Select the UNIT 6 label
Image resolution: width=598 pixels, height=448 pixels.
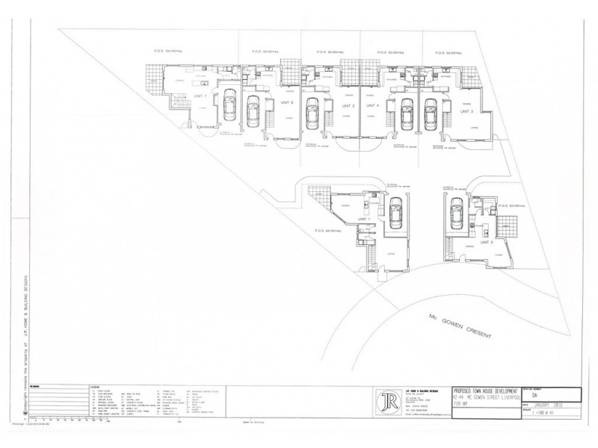click(x=286, y=102)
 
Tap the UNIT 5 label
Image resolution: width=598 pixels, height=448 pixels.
click(x=348, y=106)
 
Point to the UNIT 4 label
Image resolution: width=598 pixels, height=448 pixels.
click(x=373, y=106)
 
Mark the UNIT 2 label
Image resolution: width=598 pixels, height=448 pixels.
click(x=486, y=242)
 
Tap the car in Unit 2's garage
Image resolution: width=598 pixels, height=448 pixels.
click(x=455, y=215)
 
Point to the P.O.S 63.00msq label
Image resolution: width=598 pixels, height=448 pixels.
click(x=508, y=205)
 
